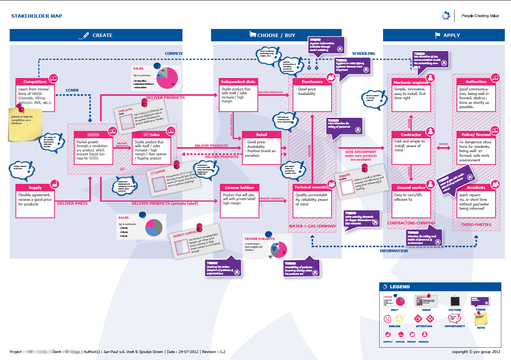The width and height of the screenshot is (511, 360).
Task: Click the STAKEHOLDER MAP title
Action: pos(37,16)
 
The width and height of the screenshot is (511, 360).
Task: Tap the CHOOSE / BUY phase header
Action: pos(276,35)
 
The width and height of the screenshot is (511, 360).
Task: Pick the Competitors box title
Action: pos(35,82)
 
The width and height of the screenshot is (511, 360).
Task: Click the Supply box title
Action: pos(35,188)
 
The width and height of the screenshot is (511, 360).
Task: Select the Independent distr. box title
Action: pos(238,82)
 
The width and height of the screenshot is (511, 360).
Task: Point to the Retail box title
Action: pos(261,135)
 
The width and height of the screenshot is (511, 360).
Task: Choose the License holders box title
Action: pos(240,188)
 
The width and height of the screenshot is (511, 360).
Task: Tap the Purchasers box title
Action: pos(312,82)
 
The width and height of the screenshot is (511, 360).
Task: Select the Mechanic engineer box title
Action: pos(411,82)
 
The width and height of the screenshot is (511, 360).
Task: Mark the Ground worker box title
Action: pos(411,188)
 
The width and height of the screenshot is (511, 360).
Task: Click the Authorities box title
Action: pos(476,82)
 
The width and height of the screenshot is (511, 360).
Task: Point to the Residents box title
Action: pos(476,188)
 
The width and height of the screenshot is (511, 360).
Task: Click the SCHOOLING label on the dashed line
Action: pos(363,54)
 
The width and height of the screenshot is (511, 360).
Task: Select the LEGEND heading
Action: pos(400,287)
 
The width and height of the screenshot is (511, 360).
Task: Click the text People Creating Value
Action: pos(480,16)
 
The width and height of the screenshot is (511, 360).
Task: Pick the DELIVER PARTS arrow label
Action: pos(72,204)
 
